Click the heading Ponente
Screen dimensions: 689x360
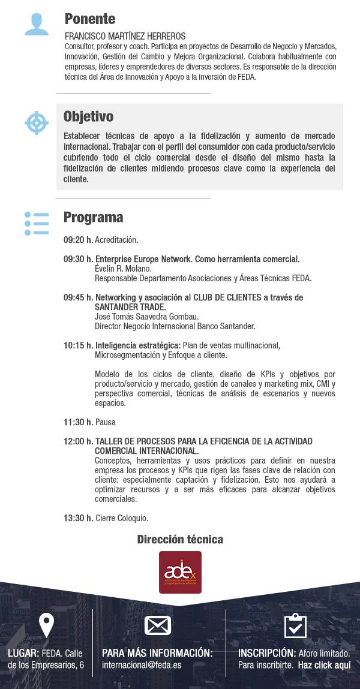89,19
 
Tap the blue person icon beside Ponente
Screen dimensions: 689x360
36,25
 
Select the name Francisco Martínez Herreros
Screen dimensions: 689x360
125,36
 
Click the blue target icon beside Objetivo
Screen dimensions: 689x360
36,122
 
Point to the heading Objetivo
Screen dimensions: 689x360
88,116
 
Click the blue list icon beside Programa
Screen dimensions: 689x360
36,223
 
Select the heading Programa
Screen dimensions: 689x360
93,217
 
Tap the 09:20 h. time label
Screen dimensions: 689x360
78,240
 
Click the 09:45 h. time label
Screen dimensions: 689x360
78,297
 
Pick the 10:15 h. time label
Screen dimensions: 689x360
78,345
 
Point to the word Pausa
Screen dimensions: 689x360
106,422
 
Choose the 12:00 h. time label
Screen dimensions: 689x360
78,441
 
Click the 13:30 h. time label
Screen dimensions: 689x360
78,518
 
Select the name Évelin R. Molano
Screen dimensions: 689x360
123,269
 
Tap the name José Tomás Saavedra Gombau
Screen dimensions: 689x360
146,317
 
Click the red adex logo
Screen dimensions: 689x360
180,572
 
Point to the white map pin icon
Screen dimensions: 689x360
46,625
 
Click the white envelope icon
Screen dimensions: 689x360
158,625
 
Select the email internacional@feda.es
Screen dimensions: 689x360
142,665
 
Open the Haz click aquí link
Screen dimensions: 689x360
324,665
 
